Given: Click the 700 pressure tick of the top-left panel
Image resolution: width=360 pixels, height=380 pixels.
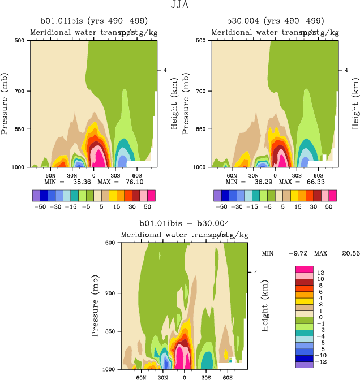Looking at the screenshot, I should pyautogui.click(x=20, y=91).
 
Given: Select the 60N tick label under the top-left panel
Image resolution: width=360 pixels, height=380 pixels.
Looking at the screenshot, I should pyautogui.click(x=50, y=175).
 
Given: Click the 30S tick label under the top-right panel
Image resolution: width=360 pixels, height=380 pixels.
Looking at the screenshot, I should pyautogui.click(x=297, y=175).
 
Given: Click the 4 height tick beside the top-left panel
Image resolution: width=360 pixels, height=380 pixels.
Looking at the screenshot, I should pyautogui.click(x=165, y=70).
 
